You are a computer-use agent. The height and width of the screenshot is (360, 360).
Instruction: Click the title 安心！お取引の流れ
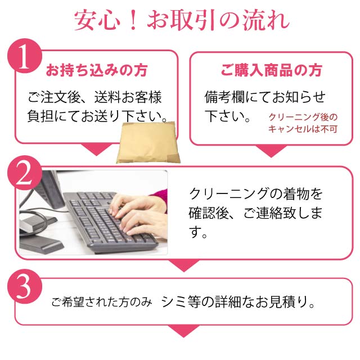click(181, 20)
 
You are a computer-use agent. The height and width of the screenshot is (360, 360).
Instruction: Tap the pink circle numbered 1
click(25, 56)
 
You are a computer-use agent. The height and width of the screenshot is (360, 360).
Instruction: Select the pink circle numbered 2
click(25, 173)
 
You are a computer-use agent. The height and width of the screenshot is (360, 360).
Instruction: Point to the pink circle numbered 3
click(25, 286)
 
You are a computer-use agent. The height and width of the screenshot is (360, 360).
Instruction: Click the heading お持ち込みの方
click(96, 70)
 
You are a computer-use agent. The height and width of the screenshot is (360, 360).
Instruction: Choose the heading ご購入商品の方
click(271, 70)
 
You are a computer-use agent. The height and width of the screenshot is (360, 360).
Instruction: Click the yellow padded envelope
click(148, 142)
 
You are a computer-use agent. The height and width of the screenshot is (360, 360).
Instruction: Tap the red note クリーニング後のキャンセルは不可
click(303, 123)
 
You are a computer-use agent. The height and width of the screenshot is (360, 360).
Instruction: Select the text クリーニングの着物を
click(256, 194)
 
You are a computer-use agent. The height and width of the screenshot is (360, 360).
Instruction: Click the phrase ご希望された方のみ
click(101, 302)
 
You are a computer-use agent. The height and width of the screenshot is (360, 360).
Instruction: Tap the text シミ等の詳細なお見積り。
click(238, 301)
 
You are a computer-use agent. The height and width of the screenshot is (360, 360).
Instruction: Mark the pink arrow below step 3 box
click(184, 331)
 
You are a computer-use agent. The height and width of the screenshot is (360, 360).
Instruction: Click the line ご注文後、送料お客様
click(94, 97)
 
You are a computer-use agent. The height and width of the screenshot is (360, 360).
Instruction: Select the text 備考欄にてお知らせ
click(265, 97)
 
